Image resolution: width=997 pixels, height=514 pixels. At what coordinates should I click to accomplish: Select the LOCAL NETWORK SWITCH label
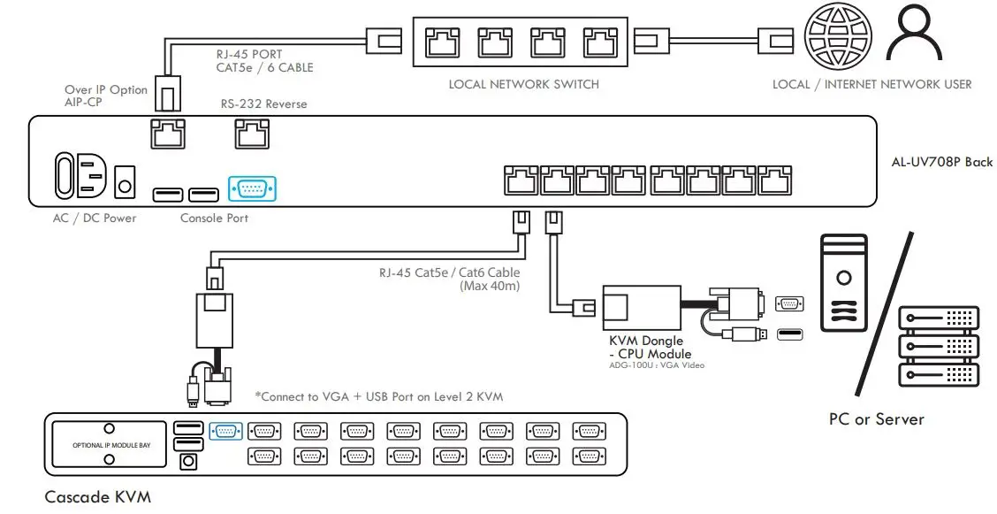[523, 85]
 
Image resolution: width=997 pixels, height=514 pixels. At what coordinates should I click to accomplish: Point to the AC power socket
[81, 177]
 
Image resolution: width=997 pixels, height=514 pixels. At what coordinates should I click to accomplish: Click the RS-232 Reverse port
[251, 134]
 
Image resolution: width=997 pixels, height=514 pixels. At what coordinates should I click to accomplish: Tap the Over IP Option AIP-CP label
[105, 96]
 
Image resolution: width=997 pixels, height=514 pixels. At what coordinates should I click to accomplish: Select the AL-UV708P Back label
[941, 162]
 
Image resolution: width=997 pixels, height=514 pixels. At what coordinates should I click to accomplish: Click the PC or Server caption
[876, 418]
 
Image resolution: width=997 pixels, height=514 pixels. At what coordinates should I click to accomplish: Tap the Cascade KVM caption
[91, 497]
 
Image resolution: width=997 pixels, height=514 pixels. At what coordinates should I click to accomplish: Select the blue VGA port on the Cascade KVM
[225, 431]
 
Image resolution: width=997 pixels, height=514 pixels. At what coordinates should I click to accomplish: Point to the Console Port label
[214, 218]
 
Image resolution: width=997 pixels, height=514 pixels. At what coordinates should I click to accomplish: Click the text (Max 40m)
[490, 286]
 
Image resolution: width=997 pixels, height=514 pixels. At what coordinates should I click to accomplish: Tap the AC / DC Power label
[95, 218]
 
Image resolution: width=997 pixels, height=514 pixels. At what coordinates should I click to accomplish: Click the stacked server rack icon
[938, 345]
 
